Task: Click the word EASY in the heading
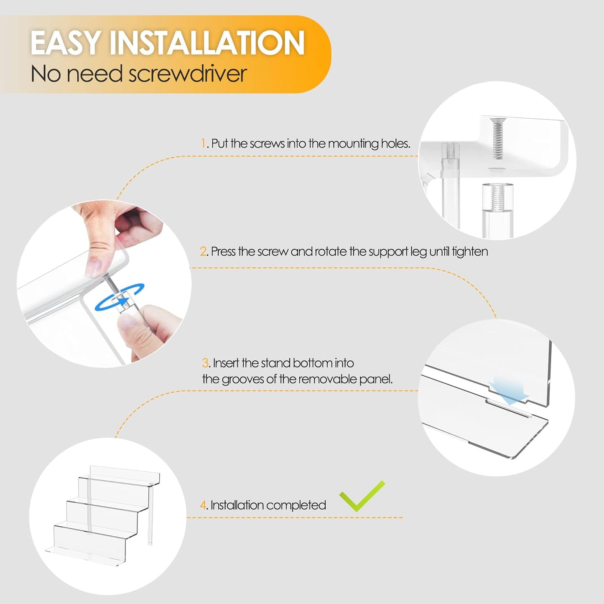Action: pyautogui.click(x=65, y=43)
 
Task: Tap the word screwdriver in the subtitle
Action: pyautogui.click(x=188, y=74)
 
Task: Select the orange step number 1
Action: pyautogui.click(x=203, y=143)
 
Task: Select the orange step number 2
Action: pyautogui.click(x=204, y=252)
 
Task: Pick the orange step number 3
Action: pyautogui.click(x=205, y=363)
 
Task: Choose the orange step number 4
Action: pyautogui.click(x=203, y=505)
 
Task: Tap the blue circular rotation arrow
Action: pyautogui.click(x=119, y=297)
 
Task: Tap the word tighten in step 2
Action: pyautogui.click(x=470, y=252)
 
